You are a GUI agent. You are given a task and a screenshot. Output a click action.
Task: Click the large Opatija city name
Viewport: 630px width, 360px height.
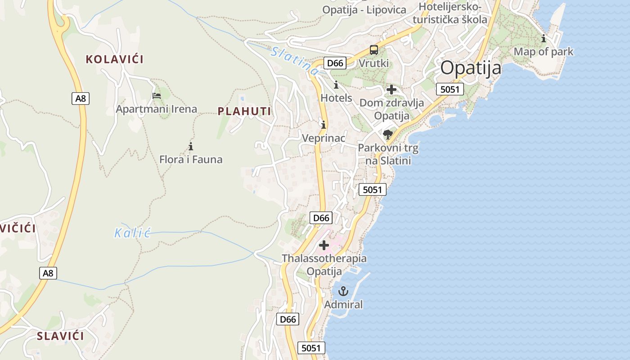tap(471, 68)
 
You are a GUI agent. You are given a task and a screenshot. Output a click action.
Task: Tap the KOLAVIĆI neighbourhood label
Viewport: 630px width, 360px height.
tap(114, 59)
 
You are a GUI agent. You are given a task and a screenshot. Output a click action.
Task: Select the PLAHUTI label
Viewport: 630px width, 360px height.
tap(244, 111)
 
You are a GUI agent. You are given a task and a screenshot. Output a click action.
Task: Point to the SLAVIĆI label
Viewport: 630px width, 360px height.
tap(60, 336)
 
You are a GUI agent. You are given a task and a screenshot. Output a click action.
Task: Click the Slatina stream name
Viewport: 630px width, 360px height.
tap(295, 60)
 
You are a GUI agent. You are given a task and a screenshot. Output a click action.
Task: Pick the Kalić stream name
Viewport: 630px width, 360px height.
tap(132, 233)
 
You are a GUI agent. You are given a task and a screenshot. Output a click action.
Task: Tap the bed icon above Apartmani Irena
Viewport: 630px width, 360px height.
tap(157, 95)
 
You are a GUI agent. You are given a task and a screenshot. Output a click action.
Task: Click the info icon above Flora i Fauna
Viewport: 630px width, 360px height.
tap(191, 146)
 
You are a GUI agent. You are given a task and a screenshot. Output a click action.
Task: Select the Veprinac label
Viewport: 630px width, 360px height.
tap(324, 138)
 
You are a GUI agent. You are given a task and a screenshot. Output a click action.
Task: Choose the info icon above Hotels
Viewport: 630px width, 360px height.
tap(336, 85)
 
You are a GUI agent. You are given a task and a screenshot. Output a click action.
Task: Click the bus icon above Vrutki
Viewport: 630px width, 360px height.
tap(374, 50)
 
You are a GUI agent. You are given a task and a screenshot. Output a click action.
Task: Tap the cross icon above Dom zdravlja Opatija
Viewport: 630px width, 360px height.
tap(391, 90)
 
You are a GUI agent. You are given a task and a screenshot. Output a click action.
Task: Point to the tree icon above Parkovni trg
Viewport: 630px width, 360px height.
tap(387, 134)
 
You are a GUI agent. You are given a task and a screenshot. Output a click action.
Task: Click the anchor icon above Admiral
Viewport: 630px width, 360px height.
tap(343, 291)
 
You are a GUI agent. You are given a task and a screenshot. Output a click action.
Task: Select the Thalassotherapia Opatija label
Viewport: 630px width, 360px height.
tap(324, 265)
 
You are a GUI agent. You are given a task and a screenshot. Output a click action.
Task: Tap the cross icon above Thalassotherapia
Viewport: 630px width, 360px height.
tap(324, 245)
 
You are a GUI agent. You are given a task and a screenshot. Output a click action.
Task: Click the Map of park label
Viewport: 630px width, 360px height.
tap(544, 52)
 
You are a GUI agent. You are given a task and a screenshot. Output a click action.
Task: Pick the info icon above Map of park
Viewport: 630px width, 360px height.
tap(544, 38)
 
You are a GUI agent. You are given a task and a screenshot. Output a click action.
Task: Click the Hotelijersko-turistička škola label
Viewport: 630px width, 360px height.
tap(450, 13)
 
